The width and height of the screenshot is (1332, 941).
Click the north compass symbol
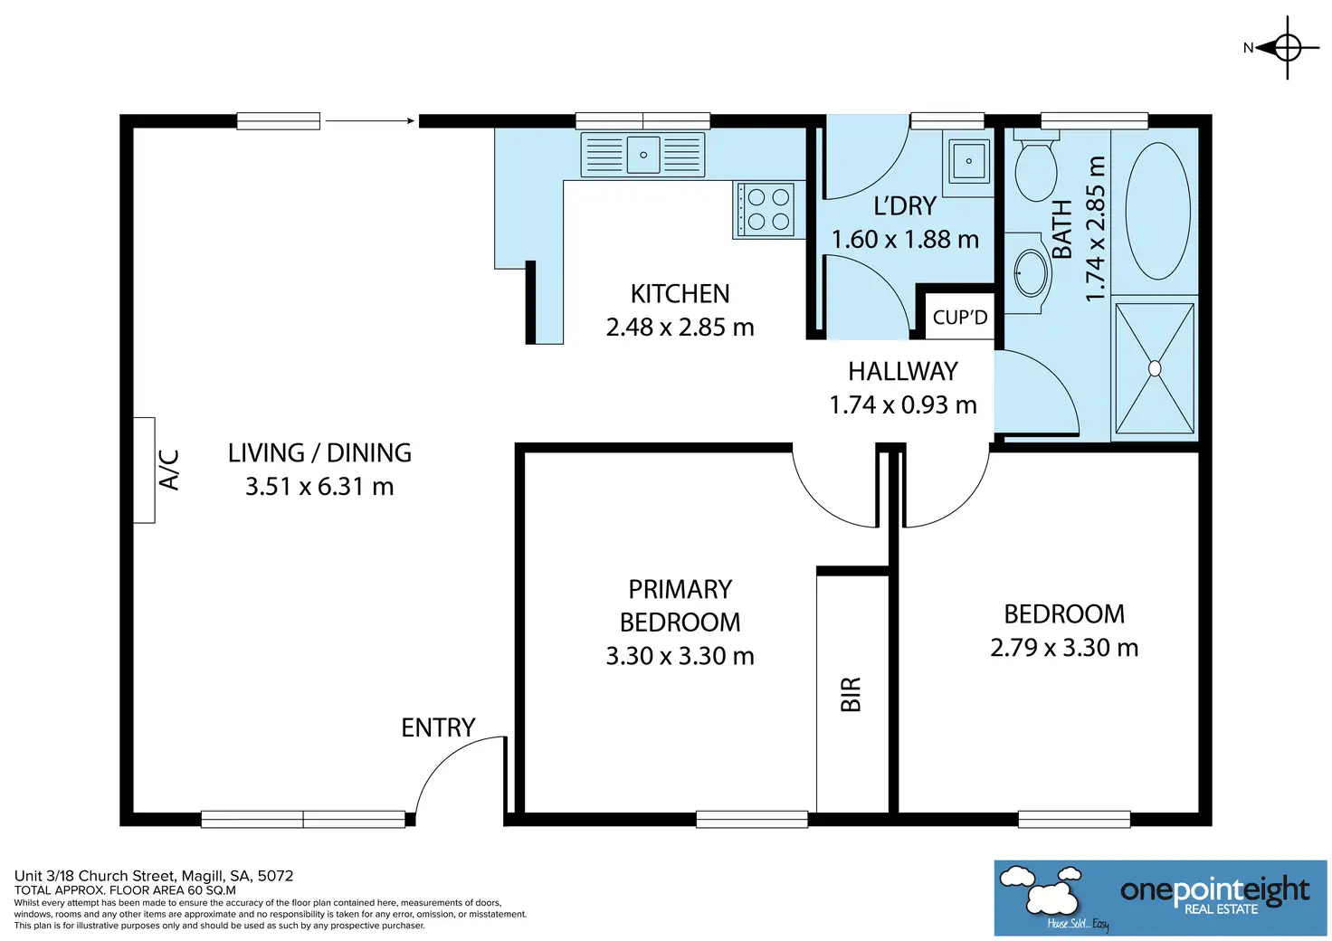1287,48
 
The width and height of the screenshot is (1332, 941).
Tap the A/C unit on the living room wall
144,470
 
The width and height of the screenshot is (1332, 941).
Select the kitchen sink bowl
642,155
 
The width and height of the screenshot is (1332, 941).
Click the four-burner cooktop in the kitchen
767,209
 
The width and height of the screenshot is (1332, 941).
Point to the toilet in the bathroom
1036,166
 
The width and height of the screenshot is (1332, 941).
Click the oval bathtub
1157,211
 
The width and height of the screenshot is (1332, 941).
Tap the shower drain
1155,368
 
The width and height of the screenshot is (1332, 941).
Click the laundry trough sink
968,161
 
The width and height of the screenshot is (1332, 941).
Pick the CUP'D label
960,318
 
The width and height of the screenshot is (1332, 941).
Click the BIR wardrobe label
851,694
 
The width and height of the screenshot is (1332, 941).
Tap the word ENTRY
438,727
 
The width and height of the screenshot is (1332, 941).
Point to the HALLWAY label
903,372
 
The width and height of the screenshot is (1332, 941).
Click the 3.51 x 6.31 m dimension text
319,486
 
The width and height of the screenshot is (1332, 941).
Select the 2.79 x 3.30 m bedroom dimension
1064,647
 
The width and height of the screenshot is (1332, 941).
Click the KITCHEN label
680,294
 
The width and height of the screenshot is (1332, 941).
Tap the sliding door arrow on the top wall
369,121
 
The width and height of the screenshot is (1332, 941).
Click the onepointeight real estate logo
1160,898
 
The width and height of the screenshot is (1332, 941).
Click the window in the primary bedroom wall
752,819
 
